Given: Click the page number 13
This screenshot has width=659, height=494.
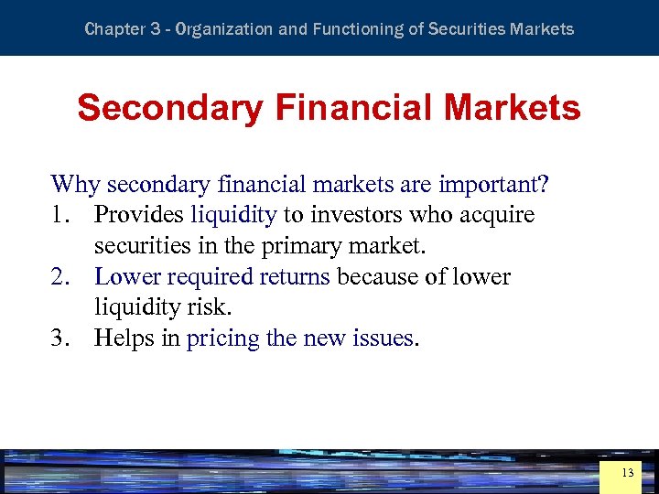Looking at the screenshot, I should pos(627,473).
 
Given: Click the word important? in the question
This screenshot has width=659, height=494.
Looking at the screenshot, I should pos(494,184).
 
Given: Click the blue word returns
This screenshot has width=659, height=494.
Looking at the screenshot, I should pos(296,276).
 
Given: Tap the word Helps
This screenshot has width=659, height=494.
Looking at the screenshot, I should pos(125,338).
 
